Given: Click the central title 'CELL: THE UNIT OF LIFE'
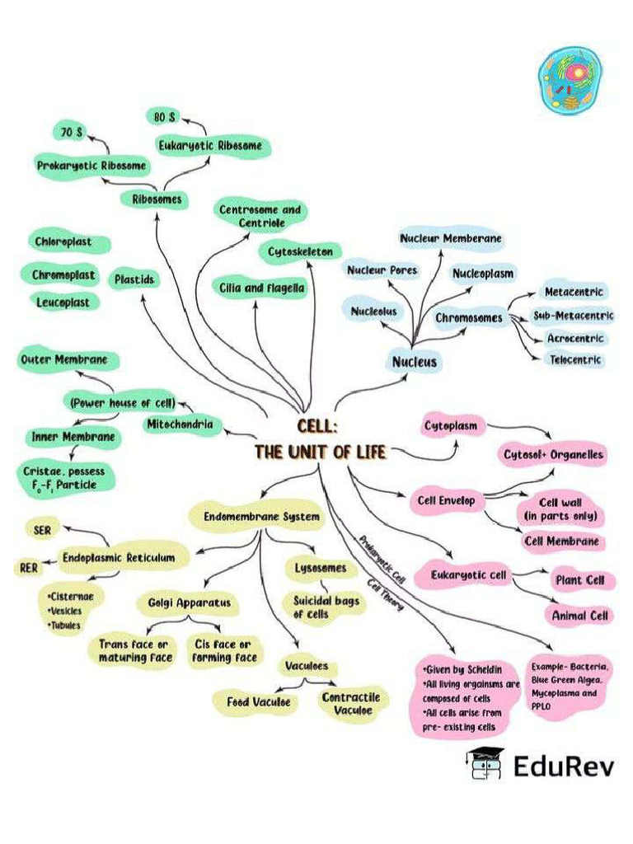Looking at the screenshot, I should pos(319,439).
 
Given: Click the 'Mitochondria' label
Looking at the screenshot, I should pos(181,425).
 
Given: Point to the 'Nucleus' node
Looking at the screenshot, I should pos(415,361).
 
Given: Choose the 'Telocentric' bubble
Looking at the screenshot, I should pos(576,360).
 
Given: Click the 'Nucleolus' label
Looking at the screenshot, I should pos(373,312).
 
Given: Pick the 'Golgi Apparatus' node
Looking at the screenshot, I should pos(189,603).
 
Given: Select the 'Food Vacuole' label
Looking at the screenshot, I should pos(258,702).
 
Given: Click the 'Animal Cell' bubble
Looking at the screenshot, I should pos(579,616).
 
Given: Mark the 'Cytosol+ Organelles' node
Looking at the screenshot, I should pos(553,454).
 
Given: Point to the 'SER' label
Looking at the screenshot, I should pos(43,531).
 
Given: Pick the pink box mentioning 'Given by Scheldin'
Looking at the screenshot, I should pos(467,697).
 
